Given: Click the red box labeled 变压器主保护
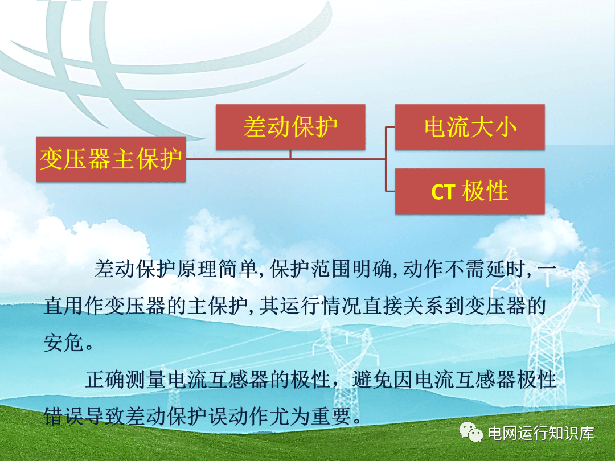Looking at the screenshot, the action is [x=111, y=159].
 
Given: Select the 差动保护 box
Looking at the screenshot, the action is [x=290, y=127].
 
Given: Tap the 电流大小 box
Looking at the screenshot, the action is [x=470, y=127].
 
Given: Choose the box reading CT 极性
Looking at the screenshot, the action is [x=470, y=191].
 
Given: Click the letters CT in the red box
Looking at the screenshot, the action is [x=443, y=192].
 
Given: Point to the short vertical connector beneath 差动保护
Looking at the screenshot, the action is [x=290, y=154].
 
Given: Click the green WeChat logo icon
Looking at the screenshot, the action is [x=471, y=433].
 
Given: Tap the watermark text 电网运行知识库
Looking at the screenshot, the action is [x=541, y=433].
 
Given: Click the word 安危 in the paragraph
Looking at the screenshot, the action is [x=64, y=343].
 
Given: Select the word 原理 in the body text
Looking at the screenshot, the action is [x=197, y=269].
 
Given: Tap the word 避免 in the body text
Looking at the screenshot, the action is [x=372, y=380].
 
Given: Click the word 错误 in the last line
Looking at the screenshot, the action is [x=64, y=416].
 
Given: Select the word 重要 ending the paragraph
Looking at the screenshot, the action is [x=331, y=416].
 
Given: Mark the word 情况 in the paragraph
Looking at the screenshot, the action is [x=342, y=306].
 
